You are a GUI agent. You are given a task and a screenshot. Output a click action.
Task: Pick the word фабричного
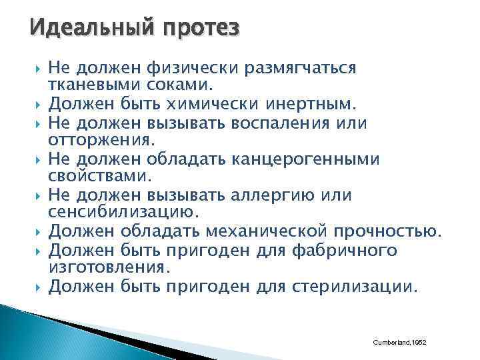point(345,251)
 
